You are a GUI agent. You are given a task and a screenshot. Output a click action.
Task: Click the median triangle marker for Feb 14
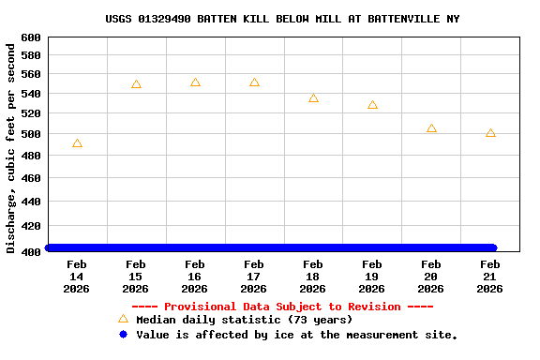[77, 143]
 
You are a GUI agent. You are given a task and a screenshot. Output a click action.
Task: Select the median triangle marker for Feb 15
[136, 84]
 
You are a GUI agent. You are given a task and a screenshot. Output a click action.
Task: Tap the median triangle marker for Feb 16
[195, 82]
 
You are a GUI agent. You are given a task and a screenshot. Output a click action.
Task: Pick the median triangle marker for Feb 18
[313, 98]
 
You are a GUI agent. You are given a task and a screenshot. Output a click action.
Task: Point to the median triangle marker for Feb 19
[372, 105]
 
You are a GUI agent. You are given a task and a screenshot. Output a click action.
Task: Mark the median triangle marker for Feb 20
[431, 128]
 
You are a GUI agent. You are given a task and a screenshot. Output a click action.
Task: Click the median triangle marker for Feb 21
[490, 133]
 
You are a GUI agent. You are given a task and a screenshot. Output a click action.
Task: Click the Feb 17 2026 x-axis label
[254, 277]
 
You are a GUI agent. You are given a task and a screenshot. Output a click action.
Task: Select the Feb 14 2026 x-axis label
[77, 277]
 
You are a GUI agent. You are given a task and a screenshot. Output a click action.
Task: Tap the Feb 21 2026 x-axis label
[490, 277]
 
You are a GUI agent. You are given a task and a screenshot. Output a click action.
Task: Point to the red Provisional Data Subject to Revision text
[282, 307]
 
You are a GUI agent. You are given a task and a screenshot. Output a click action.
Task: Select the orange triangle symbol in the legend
[123, 319]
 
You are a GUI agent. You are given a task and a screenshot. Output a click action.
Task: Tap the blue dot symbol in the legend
[123, 334]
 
